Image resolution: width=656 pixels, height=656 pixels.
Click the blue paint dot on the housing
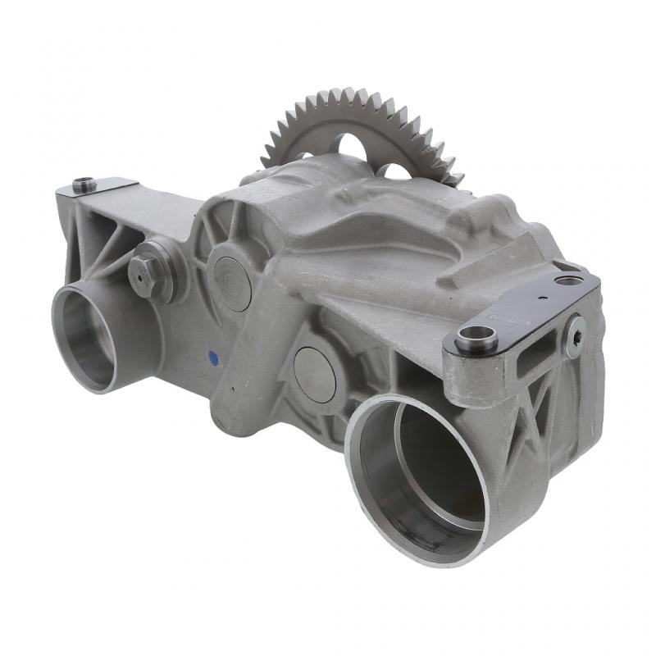(x=213, y=358)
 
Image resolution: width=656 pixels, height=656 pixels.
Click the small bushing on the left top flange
(x=84, y=184)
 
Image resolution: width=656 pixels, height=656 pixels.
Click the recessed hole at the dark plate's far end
(x=568, y=280)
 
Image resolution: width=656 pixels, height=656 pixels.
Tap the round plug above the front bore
(x=314, y=374)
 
